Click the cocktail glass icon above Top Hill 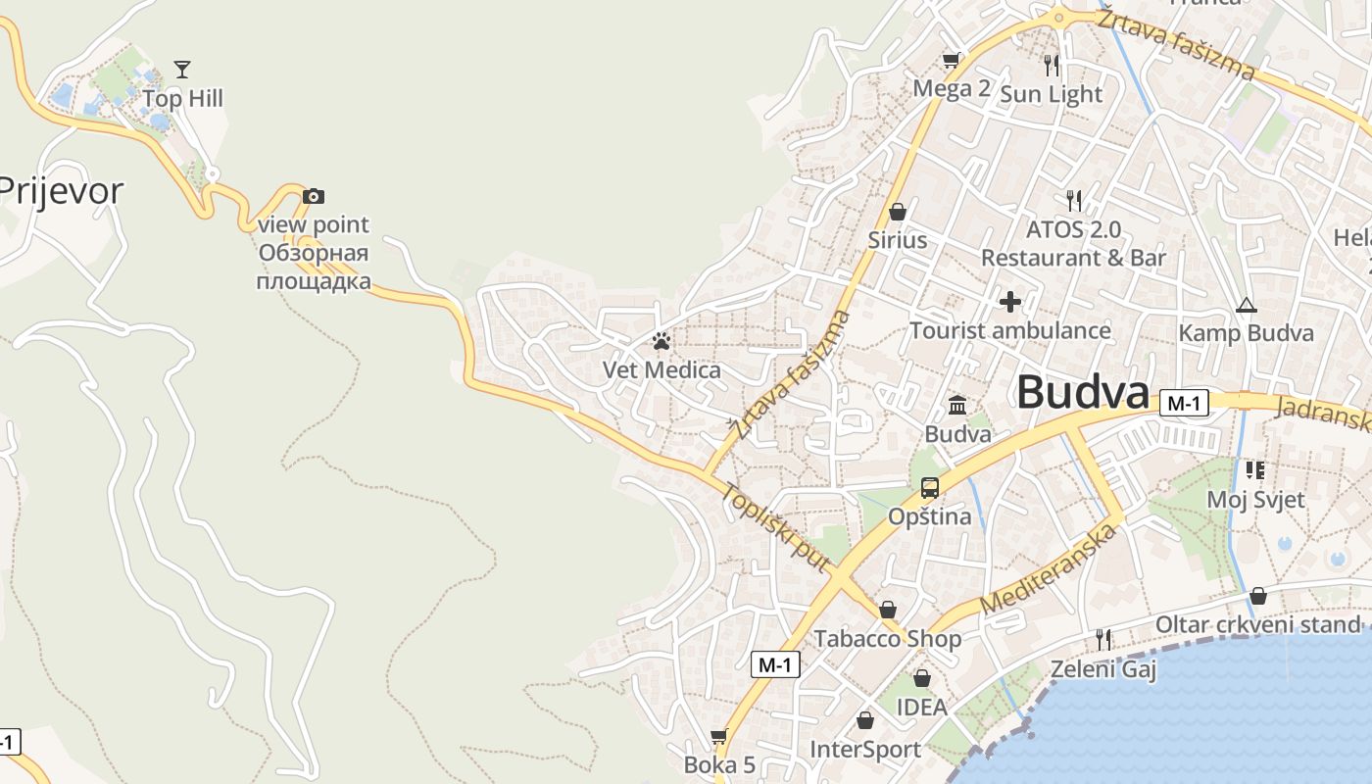coord(181,69)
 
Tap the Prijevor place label coord(61,190)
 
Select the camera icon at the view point coord(313,196)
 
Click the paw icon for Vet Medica coord(661,341)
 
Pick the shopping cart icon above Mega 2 coord(951,61)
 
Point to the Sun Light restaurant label coord(1051,94)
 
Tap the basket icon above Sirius coord(897,212)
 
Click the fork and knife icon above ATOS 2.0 coord(1074,201)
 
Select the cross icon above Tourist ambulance coord(1009,302)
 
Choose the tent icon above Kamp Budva coord(1246,305)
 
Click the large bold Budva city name coord(1082,393)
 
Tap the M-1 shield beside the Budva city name coord(1184,403)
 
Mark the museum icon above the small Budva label coord(957,405)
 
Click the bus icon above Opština coord(929,487)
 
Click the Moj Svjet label coord(1255,500)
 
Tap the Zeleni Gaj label coord(1103,670)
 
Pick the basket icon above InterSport coord(865,721)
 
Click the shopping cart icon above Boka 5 coord(719,736)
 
